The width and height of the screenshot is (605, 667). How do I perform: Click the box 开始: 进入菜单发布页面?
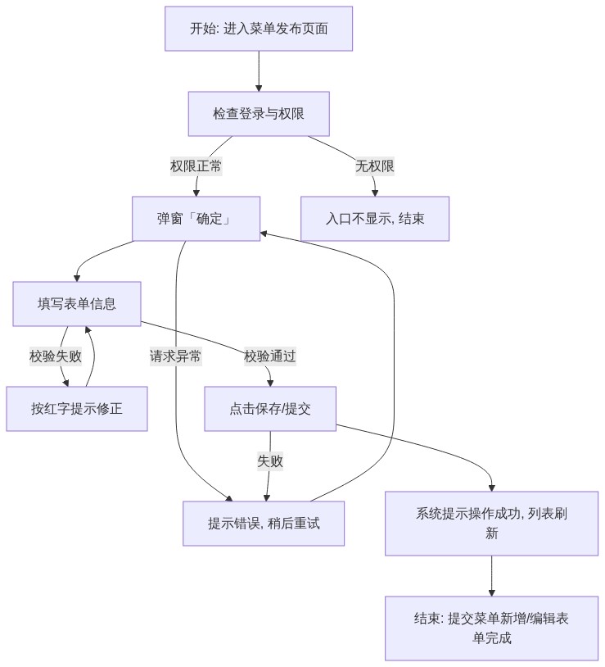point(259,29)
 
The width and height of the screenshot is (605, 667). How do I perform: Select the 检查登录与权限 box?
point(259,114)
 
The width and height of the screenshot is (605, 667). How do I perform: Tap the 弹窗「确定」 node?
point(196,219)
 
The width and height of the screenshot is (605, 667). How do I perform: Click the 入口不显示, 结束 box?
point(375,219)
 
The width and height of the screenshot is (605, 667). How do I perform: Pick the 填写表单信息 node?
point(76,304)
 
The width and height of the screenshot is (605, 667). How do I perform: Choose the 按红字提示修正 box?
point(76,409)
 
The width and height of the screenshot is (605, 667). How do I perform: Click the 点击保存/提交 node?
point(270,409)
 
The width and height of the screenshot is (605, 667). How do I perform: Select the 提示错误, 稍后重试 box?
point(264,524)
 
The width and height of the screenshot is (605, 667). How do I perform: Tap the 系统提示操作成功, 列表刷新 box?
point(491,524)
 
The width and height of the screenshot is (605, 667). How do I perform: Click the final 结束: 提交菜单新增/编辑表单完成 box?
point(491,628)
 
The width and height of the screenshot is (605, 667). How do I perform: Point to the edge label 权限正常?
point(196,166)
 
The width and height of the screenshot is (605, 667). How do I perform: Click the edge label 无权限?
point(375,166)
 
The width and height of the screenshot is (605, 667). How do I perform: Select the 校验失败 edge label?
point(55,356)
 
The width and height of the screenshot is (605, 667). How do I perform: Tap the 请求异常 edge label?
point(175,356)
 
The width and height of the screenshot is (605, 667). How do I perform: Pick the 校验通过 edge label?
point(270,356)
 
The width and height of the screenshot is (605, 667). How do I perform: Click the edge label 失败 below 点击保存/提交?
point(270,461)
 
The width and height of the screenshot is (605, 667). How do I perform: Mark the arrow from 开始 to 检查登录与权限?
point(259,71)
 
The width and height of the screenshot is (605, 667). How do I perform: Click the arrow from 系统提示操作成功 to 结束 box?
point(491,576)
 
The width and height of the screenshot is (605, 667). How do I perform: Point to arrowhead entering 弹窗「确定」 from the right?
point(264,234)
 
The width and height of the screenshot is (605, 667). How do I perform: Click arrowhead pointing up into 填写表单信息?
point(88,329)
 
